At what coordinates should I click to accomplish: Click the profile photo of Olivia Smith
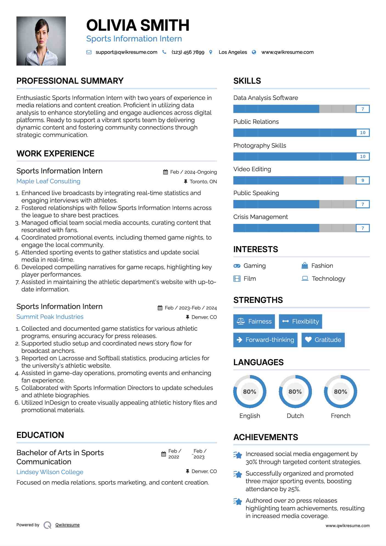point(41,41)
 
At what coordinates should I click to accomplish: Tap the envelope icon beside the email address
point(89,52)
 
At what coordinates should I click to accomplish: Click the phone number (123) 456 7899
point(188,52)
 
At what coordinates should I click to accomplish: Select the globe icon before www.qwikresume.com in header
point(254,52)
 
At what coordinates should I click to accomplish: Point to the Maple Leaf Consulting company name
point(48,181)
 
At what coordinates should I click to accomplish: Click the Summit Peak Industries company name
point(50,317)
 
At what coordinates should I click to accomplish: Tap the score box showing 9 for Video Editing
point(363,180)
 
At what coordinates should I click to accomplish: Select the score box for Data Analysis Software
point(363,109)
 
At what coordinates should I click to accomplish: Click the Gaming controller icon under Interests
point(237,266)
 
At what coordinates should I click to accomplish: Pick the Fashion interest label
point(322,266)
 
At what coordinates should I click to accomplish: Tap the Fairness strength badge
point(254,321)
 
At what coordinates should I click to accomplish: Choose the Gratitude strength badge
point(323,340)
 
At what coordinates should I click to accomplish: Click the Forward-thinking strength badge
point(265,340)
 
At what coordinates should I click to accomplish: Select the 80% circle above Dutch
point(295,392)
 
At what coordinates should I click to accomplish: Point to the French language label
point(340,416)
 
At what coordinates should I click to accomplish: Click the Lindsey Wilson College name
point(50,472)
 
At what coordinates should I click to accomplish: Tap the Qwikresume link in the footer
point(67,525)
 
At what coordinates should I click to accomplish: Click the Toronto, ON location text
point(203,181)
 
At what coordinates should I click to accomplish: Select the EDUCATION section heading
point(40,435)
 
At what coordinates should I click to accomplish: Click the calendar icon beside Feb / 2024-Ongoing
point(165,172)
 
